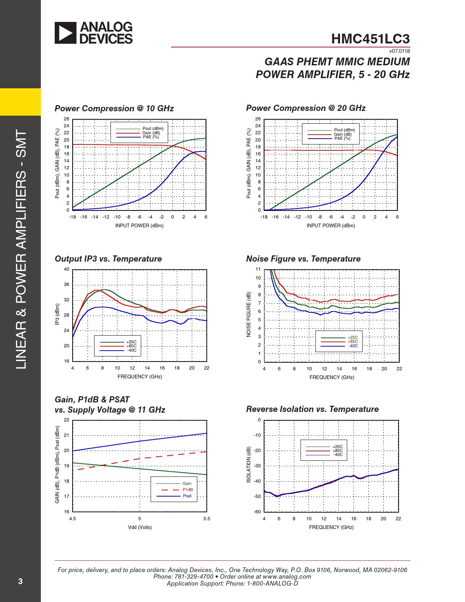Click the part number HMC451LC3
[x=370, y=39]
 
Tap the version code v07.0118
[x=399, y=51]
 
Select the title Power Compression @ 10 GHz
[x=114, y=108]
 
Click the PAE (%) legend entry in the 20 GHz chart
[x=342, y=138]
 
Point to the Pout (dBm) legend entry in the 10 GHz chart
[x=153, y=128]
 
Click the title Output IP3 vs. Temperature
[x=108, y=259]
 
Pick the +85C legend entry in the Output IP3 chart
[x=131, y=346]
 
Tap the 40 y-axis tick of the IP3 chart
[x=66, y=269]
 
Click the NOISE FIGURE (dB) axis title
[x=249, y=314]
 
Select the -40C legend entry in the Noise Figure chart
[x=353, y=346]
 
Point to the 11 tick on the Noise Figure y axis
[x=258, y=269]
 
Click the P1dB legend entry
[x=187, y=490]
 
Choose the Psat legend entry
[x=187, y=496]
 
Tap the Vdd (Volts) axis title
[x=140, y=527]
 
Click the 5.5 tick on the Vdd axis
[x=207, y=518]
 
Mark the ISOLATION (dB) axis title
[x=249, y=464]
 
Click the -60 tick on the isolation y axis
[x=257, y=512]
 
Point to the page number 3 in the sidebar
[x=20, y=581]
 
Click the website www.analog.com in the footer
[x=287, y=576]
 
